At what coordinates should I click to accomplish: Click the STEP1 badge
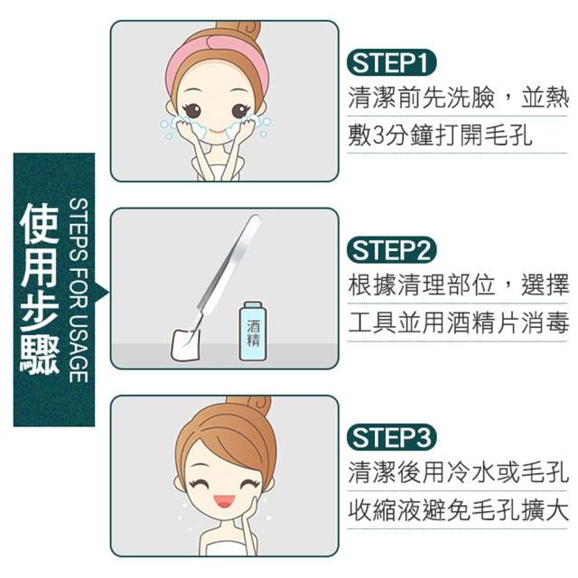tap(391, 62)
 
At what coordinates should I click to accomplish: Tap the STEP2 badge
tap(391, 249)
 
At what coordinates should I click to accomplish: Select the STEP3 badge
tap(391, 437)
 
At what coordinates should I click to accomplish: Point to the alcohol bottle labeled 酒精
tap(253, 331)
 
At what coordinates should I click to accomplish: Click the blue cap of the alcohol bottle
tap(253, 305)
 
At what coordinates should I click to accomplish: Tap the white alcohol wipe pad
tap(185, 344)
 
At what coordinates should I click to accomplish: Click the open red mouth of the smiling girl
tap(223, 501)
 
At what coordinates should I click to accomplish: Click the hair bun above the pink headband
tap(238, 30)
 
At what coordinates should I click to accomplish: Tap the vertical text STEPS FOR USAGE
tap(79, 291)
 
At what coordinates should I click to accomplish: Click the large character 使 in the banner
tap(40, 225)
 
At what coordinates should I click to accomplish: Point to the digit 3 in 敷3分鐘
tap(379, 135)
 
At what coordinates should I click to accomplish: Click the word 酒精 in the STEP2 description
tap(471, 322)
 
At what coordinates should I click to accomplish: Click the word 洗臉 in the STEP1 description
tap(471, 98)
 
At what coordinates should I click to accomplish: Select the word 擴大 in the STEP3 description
tap(544, 510)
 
